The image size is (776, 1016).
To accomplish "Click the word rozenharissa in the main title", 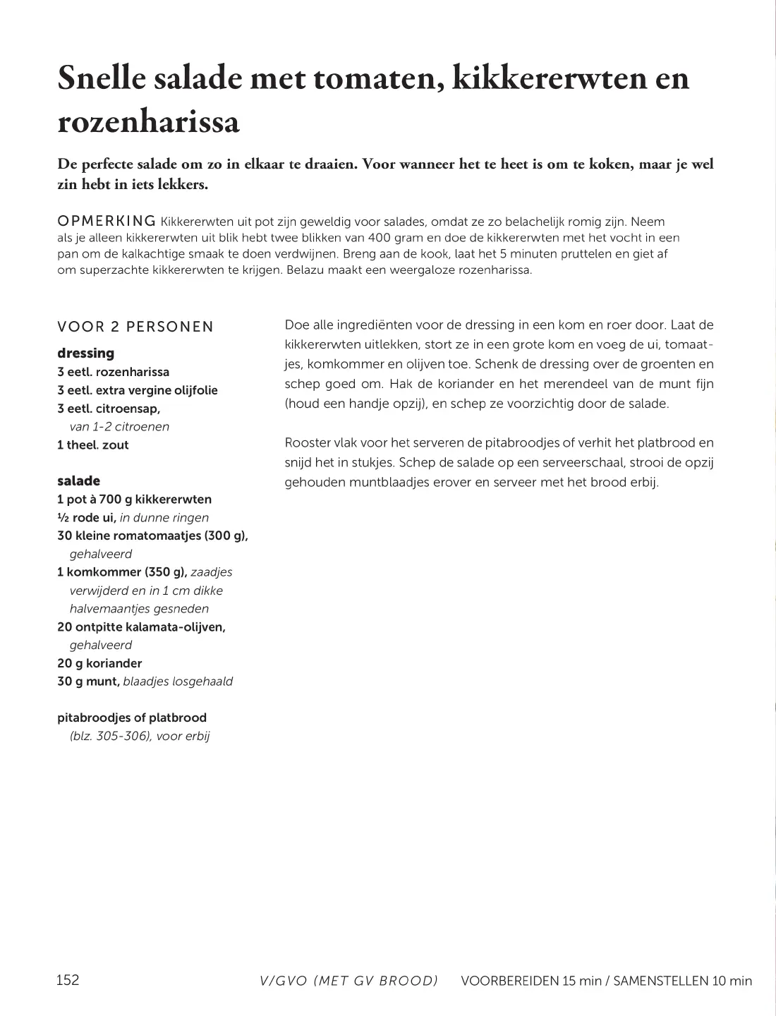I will [148, 121].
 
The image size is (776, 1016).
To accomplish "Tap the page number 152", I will [68, 979].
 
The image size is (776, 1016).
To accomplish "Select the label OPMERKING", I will [106, 222].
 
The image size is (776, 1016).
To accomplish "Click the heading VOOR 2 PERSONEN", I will [135, 327].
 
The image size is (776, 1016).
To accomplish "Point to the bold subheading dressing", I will [85, 353].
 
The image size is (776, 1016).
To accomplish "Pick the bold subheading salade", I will [78, 480].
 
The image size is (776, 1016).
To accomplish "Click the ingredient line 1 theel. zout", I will [93, 445].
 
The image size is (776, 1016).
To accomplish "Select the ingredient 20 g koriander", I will [99, 663].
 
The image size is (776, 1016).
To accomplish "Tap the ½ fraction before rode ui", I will [62, 517].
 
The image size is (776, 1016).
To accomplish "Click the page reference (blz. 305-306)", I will [110, 736].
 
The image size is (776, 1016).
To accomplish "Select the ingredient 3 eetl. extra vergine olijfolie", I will [138, 390].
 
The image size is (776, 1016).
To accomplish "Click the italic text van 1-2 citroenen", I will [119, 426].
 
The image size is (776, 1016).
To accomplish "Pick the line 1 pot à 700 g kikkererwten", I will [134, 499].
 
